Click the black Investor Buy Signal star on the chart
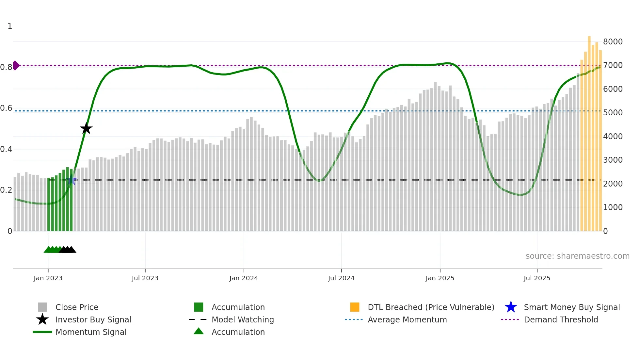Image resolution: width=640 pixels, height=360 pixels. click(86, 129)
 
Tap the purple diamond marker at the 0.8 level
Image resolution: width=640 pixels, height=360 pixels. click(16, 65)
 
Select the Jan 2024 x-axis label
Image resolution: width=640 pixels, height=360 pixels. click(244, 278)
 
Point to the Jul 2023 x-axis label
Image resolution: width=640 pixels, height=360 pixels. click(145, 278)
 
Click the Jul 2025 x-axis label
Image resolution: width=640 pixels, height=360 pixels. click(537, 278)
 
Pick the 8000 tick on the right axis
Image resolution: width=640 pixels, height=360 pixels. click(613, 42)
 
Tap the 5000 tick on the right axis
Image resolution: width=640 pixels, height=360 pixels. click(613, 113)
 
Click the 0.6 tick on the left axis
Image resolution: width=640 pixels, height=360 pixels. click(7, 108)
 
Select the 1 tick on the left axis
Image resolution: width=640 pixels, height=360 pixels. click(10, 26)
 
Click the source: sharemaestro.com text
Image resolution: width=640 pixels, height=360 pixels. click(577, 256)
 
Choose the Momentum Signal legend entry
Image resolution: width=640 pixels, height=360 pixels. click(91, 332)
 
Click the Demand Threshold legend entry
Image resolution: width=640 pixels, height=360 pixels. click(561, 320)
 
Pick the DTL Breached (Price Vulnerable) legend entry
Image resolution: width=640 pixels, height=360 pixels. click(431, 307)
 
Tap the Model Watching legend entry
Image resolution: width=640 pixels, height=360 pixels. click(243, 320)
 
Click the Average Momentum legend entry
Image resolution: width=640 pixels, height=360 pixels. click(407, 320)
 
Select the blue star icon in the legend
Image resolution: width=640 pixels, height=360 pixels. click(511, 307)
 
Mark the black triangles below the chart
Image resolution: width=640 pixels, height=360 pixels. click(68, 250)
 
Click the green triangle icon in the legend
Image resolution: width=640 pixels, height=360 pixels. click(199, 332)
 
